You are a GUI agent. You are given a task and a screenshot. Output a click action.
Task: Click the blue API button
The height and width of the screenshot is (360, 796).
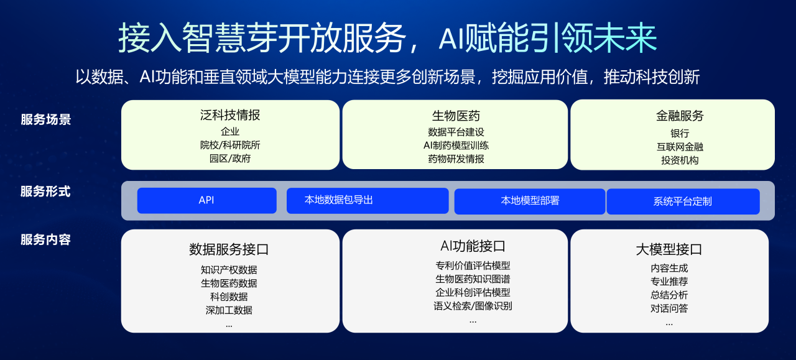pyautogui.click(x=206, y=200)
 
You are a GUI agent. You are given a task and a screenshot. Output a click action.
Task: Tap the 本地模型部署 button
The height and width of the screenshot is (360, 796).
pyautogui.click(x=530, y=201)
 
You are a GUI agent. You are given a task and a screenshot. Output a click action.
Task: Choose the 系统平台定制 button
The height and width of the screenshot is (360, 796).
pyautogui.click(x=683, y=201)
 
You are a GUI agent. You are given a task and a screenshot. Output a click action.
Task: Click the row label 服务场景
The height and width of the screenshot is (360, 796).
pyautogui.click(x=46, y=120)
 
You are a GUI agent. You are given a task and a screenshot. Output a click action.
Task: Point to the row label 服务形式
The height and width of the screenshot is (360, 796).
pyautogui.click(x=45, y=192)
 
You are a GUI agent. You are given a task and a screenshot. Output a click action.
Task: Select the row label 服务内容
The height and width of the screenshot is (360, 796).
pyautogui.click(x=45, y=239)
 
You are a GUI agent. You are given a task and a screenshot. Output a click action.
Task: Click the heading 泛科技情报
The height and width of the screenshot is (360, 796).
pyautogui.click(x=230, y=115)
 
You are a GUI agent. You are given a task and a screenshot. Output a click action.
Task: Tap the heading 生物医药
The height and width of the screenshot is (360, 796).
pyautogui.click(x=456, y=116)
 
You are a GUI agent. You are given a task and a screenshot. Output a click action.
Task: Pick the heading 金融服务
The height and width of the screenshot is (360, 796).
pyautogui.click(x=680, y=116)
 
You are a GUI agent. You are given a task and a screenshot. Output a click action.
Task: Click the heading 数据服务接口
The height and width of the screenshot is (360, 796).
pyautogui.click(x=229, y=249)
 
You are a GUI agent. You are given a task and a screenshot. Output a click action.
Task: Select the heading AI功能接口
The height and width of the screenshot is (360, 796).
pyautogui.click(x=472, y=246)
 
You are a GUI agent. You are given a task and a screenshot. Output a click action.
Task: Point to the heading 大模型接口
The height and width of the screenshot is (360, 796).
pyautogui.click(x=669, y=249)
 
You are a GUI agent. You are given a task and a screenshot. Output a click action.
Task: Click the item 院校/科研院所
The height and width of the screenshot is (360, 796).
pyautogui.click(x=230, y=145)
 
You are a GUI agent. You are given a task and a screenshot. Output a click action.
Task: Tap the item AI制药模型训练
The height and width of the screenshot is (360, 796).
pyautogui.click(x=456, y=145)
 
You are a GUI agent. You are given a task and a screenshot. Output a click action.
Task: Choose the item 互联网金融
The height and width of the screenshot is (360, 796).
pyautogui.click(x=680, y=147)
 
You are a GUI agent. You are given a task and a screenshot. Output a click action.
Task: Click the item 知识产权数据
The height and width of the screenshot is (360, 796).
pyautogui.click(x=229, y=270)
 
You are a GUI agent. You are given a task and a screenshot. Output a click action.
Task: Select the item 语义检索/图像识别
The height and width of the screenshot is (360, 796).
pyautogui.click(x=473, y=306)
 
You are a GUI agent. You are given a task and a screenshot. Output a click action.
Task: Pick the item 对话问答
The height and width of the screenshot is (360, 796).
pyautogui.click(x=669, y=308)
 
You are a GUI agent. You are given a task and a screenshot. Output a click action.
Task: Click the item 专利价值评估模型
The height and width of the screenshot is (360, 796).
pyautogui.click(x=473, y=265)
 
